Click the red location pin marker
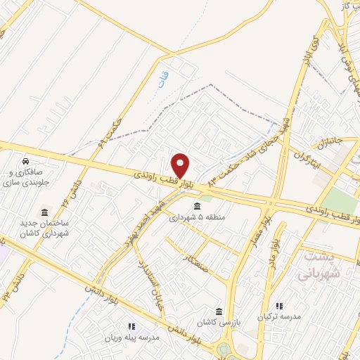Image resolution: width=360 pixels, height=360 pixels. (x=181, y=166)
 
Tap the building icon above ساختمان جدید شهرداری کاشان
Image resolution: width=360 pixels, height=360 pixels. (x=45, y=212)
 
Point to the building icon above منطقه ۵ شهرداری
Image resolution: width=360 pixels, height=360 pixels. (x=196, y=206)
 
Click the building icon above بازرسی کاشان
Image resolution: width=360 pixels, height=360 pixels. (x=219, y=311)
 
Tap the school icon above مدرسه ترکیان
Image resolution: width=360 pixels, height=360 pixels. (x=279, y=307)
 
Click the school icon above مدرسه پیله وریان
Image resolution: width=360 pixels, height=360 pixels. (x=131, y=326)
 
